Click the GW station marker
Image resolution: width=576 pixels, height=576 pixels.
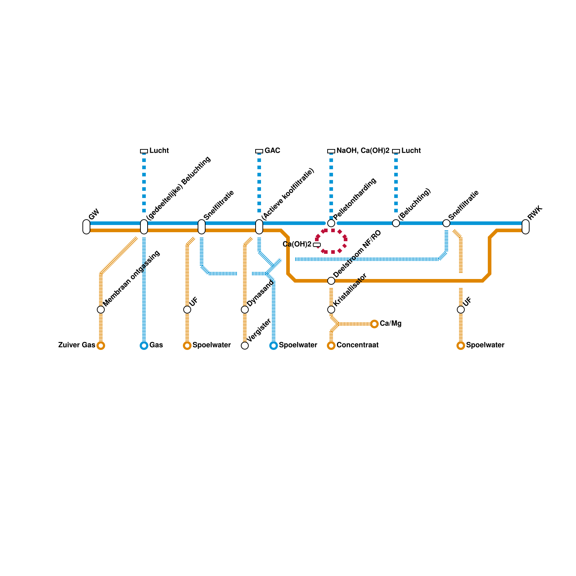(86, 227)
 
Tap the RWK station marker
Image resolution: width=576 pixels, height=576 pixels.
(526, 227)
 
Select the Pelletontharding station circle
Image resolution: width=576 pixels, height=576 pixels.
(331, 223)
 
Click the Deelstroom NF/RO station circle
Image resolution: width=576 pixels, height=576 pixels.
(331, 281)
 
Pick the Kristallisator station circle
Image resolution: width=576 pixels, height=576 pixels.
(331, 310)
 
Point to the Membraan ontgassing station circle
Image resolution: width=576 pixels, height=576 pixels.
(101, 310)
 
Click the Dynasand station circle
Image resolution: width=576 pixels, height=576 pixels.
(245, 310)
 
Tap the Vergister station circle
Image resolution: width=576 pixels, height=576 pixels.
(245, 346)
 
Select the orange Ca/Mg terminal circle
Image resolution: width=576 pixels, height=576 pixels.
(374, 324)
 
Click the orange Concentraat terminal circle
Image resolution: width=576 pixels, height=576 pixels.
(331, 346)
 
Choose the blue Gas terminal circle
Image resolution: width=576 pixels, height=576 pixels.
(144, 346)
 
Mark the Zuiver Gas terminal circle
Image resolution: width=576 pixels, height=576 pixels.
(101, 346)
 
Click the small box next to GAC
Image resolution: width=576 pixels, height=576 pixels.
(259, 151)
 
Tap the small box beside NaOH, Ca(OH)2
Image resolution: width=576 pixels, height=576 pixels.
(331, 151)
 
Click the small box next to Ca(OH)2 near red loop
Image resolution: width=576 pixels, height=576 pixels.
(317, 245)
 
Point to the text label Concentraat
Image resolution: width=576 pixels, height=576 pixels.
(357, 345)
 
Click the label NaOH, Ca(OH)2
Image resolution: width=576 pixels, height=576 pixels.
(363, 151)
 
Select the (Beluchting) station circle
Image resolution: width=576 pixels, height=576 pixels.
(396, 223)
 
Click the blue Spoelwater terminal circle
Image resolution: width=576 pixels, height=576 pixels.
(274, 346)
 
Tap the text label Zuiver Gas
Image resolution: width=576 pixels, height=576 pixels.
(77, 345)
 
